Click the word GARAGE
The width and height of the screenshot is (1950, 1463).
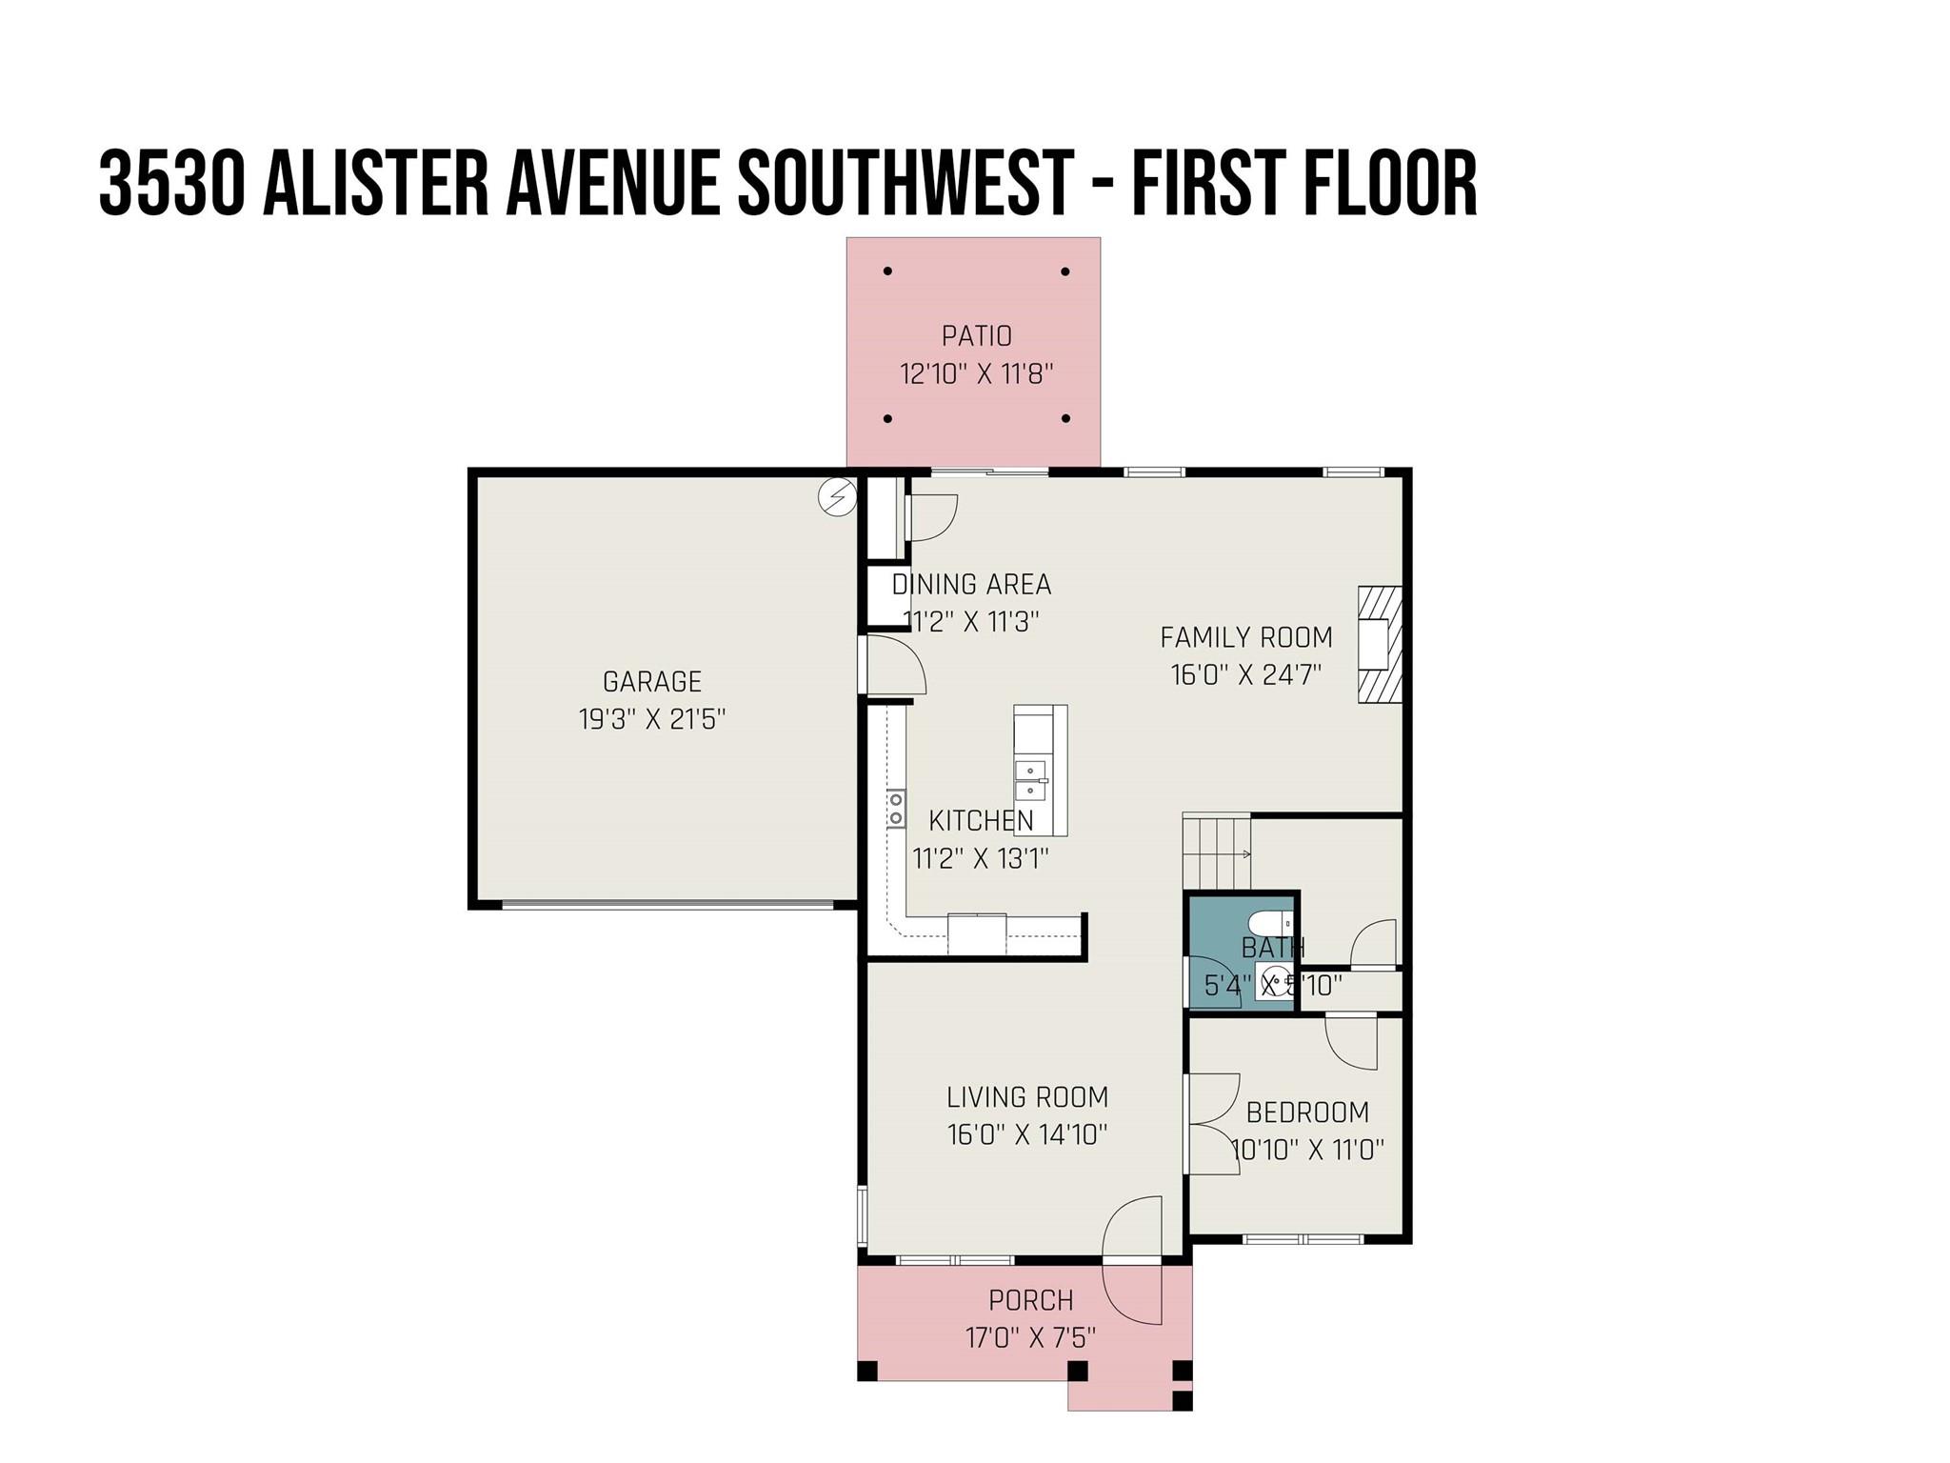coord(651,681)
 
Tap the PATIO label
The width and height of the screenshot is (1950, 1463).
coord(976,335)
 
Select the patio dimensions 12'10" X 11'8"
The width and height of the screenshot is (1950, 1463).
coord(976,373)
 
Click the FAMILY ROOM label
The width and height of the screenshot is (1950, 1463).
coord(1245,637)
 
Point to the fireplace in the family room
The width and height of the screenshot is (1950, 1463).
coord(1378,645)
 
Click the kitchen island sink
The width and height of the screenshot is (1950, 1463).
coord(1031,780)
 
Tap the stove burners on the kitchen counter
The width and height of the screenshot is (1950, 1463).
coord(896,809)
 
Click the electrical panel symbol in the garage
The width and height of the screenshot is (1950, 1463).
coord(838,496)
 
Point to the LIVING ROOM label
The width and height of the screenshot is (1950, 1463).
coord(1026,1097)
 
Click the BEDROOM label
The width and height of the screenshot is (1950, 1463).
coord(1306,1112)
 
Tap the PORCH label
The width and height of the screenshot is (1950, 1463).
coord(1030,1300)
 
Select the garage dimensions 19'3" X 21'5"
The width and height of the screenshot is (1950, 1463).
coord(651,719)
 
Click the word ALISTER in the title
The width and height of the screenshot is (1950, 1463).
coord(374,183)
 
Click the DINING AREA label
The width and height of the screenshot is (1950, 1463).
coord(970,584)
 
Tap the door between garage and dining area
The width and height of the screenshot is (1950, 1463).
coord(893,665)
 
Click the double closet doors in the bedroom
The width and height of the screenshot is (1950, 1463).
coord(1211,1124)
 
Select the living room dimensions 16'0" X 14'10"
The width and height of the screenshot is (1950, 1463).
coord(1026,1135)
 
